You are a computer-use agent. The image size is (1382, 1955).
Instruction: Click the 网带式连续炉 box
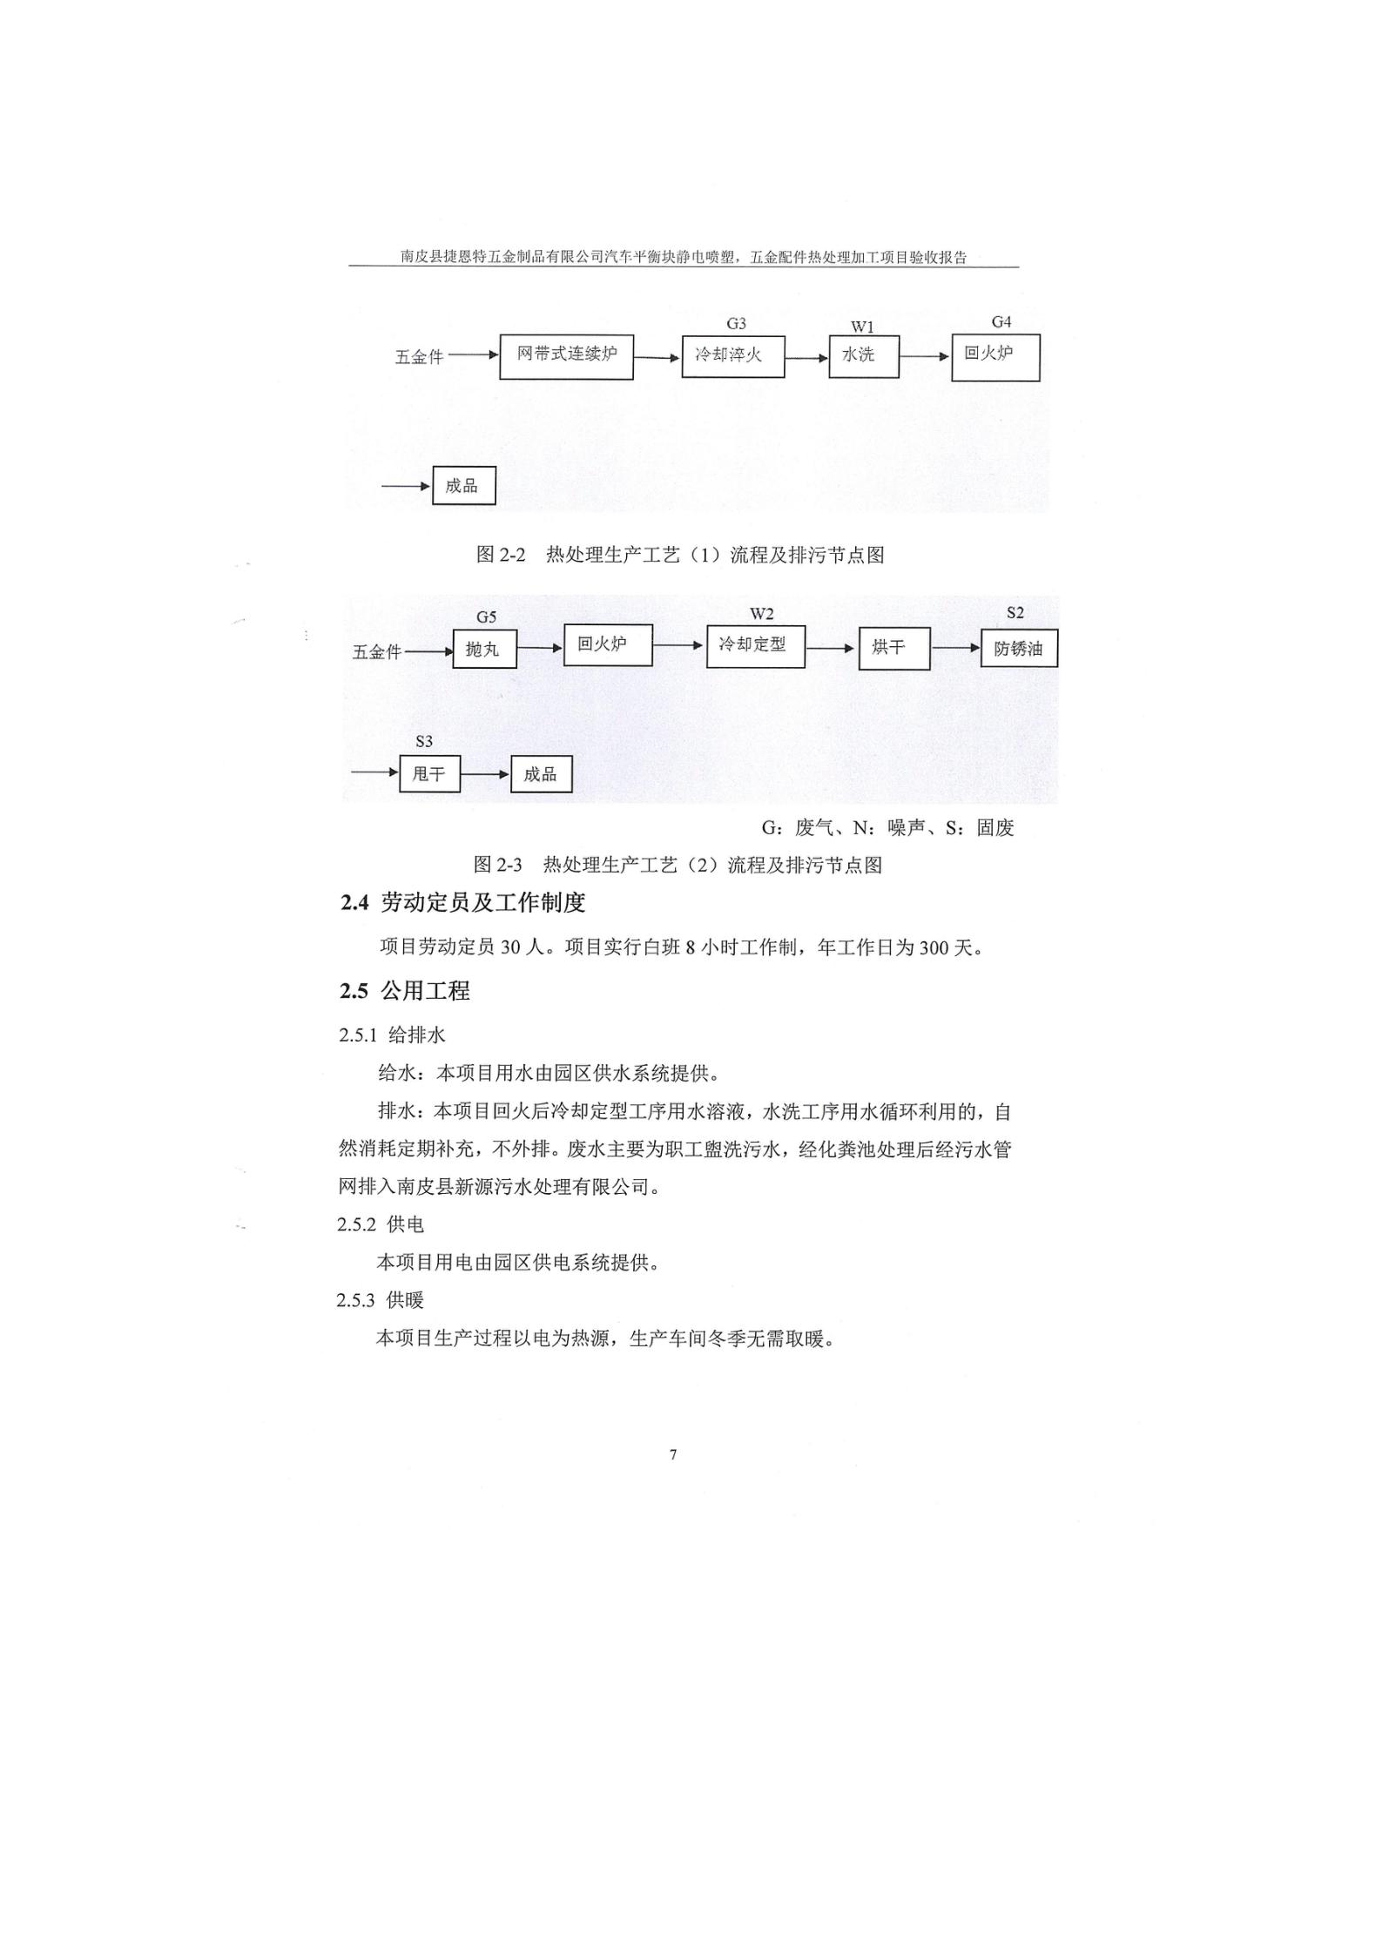(566, 357)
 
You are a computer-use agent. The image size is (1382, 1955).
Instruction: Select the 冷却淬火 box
(733, 356)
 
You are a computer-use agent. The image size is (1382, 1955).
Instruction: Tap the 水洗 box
(864, 356)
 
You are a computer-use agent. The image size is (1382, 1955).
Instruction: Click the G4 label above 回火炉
(1001, 322)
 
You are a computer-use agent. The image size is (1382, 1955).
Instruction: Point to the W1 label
(862, 327)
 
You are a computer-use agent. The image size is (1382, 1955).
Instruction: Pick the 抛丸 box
(483, 649)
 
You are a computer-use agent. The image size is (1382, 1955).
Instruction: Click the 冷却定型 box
(756, 646)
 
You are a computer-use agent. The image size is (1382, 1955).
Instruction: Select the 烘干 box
(894, 649)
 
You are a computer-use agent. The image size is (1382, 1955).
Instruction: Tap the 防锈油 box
(1020, 649)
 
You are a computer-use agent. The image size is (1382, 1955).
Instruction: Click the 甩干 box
(429, 773)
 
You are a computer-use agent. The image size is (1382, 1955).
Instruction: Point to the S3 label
(424, 742)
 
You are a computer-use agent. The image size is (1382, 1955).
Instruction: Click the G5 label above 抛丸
(486, 617)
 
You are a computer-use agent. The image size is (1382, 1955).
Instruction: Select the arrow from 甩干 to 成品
(485, 773)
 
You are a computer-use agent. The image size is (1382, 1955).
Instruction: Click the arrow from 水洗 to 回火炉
(925, 356)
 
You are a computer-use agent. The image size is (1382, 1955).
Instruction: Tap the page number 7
(673, 1455)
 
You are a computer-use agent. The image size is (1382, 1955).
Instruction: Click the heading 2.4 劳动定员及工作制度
(462, 903)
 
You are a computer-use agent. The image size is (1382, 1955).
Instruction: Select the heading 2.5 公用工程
(405, 991)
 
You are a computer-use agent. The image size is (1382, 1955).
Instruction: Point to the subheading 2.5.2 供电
(381, 1224)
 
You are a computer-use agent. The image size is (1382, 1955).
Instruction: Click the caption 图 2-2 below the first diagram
(501, 555)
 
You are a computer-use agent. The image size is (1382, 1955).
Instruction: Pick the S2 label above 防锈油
(1015, 613)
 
